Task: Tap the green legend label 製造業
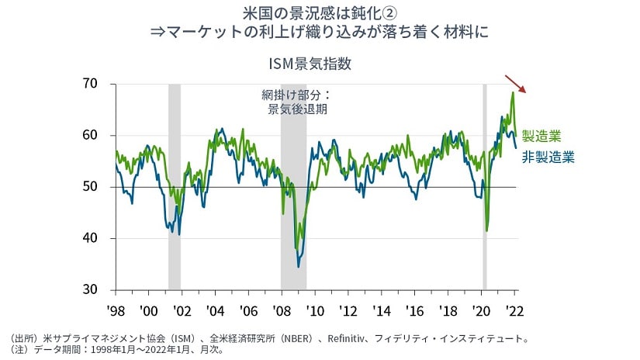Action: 541,137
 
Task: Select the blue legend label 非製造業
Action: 548,157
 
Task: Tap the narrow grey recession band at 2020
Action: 485,186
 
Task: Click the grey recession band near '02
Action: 175,186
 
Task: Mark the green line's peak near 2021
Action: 513,92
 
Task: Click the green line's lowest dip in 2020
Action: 486,230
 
